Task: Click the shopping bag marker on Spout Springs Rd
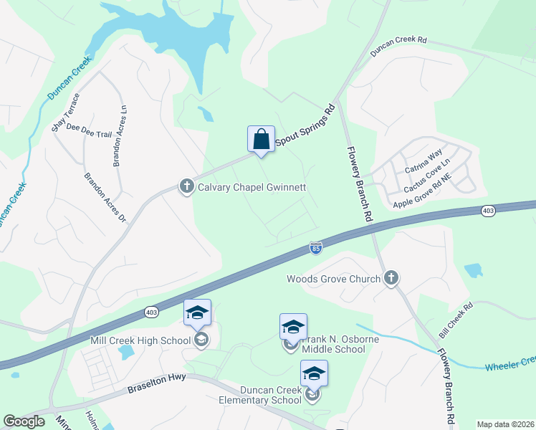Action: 261,138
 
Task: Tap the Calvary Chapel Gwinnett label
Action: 252,188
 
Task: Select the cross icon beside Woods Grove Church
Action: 391,279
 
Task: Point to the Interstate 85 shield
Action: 316,248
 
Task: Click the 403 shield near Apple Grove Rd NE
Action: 488,211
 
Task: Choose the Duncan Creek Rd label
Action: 398,47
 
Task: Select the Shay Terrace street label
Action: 62,113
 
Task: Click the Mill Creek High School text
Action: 140,340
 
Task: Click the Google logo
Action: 24,422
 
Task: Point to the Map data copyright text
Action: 504,424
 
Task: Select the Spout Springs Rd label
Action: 305,127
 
